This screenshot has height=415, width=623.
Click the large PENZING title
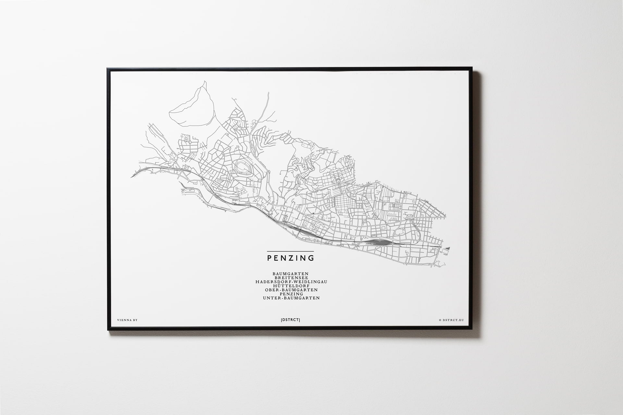click(290, 258)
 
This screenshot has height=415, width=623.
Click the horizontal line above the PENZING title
click(290, 251)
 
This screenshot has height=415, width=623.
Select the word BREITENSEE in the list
click(290, 278)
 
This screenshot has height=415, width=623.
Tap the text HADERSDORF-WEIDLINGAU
click(290, 282)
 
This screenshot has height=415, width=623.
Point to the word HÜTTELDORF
click(290, 286)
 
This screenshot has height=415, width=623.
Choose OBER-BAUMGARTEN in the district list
click(290, 290)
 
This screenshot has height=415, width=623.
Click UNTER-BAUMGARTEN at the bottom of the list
click(290, 298)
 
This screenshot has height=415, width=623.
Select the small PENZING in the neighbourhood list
click(290, 294)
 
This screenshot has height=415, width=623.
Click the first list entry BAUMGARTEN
click(290, 274)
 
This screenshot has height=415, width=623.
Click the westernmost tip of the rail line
click(131, 177)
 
